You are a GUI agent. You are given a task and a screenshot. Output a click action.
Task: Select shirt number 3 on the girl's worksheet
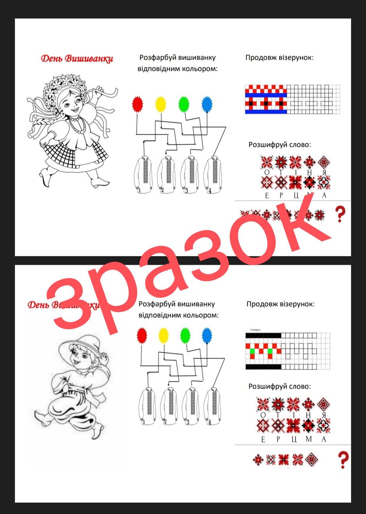(x=190, y=175)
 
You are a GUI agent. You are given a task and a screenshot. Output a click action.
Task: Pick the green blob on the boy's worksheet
(x=185, y=336)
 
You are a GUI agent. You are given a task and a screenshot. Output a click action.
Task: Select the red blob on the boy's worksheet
(x=142, y=336)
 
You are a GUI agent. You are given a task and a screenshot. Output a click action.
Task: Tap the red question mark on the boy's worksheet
(x=343, y=460)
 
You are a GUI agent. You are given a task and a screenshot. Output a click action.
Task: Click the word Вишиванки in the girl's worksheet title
(x=89, y=58)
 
